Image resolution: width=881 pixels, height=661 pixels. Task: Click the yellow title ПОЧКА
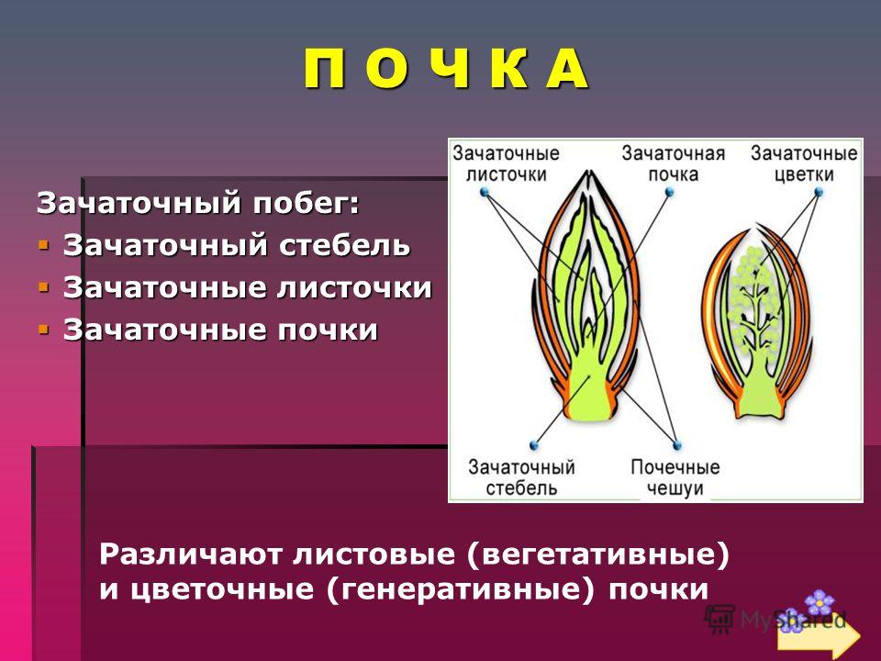pos(447,69)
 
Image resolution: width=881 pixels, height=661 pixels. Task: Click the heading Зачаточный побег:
pos(198,204)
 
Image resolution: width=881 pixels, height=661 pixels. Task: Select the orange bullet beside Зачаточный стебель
pos(43,245)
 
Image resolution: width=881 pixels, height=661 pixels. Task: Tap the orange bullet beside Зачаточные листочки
pos(43,287)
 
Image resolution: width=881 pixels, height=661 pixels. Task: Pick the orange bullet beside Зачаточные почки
pos(43,329)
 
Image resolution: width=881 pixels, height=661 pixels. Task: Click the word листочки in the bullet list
pos(354,287)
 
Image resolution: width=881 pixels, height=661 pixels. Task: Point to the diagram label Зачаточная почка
pos(673,163)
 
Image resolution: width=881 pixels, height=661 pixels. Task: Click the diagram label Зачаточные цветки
pos(804,163)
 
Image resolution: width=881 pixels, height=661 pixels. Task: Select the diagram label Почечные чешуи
pos(675,477)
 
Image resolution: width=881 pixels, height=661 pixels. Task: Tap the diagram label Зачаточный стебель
pos(521,477)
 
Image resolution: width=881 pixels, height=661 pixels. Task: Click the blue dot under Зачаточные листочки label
pos(485,193)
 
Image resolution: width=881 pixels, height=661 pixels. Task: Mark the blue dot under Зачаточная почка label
pos(669,193)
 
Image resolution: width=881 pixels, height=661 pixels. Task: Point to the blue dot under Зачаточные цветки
pos(819,192)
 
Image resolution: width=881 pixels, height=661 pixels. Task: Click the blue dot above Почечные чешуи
pos(677,446)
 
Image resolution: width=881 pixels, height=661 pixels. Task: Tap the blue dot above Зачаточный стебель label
pos(534,446)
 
